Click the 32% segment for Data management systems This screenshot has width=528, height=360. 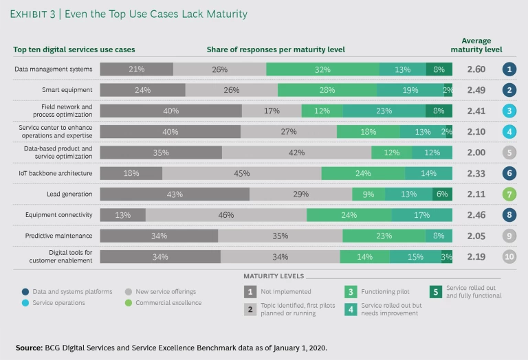coord(322,69)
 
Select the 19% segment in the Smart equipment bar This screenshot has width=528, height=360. coord(410,90)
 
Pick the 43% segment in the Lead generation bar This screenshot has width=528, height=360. coord(175,194)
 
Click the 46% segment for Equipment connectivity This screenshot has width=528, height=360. coord(226,215)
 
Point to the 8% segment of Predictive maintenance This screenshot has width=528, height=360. coord(439,236)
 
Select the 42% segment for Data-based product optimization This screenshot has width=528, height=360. coord(296,153)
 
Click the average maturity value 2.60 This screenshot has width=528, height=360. coord(476,69)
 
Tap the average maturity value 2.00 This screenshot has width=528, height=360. coord(476,153)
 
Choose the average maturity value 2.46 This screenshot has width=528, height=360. coord(476,215)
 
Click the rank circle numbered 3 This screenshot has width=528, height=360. coord(509,111)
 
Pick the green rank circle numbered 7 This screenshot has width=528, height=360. coord(509,194)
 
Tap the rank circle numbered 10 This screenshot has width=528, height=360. coord(509,256)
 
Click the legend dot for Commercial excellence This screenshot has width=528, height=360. coord(128,303)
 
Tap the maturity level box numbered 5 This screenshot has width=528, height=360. coord(436,291)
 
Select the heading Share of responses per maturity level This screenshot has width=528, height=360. coord(276,49)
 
